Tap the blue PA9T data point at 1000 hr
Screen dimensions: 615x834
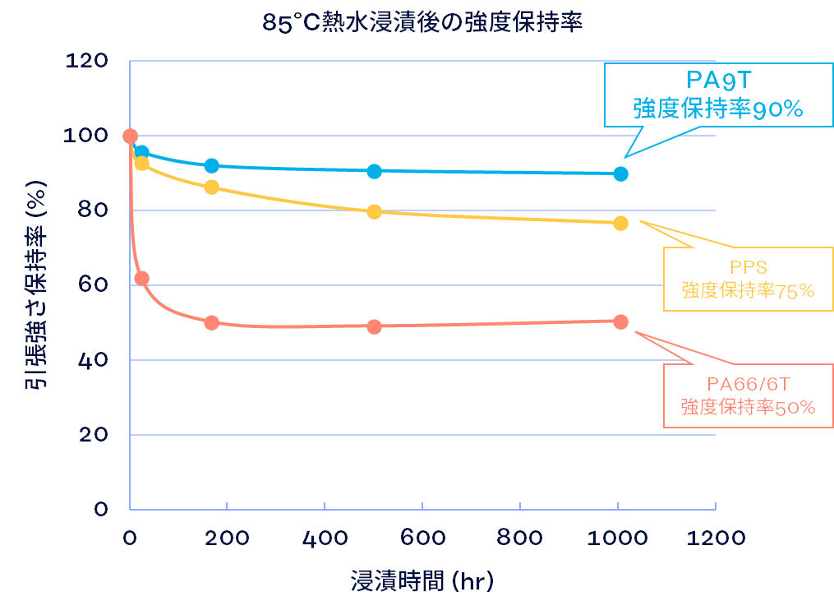620,173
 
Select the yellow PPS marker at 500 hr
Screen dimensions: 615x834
374,211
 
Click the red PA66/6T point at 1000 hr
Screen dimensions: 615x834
620,321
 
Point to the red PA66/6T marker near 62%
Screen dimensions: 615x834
141,278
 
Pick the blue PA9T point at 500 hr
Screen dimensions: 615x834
374,171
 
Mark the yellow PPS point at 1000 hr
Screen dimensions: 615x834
620,223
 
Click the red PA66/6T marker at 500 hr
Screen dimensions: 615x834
374,326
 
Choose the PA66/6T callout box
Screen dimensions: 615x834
747,395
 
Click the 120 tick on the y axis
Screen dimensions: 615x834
86,62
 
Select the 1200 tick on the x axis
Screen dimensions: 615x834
717,538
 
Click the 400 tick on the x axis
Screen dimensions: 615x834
325,538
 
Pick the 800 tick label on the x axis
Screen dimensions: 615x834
520,538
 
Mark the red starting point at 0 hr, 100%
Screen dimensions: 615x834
130,136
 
